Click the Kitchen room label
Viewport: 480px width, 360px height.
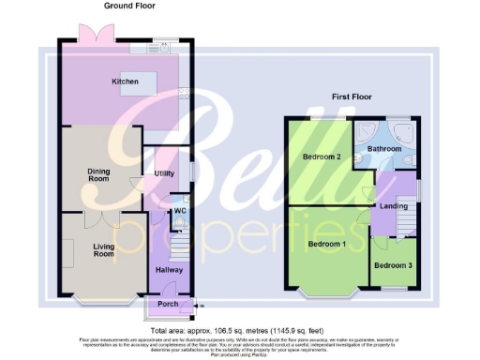[x=126, y=82]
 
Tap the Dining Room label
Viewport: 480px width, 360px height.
[x=98, y=175]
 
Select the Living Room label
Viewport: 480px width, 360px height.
[x=103, y=250]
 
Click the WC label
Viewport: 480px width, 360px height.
[x=179, y=212]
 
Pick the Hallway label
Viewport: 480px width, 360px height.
[x=169, y=270]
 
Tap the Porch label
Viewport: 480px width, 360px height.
[x=168, y=304]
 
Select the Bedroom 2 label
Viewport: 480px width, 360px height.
[x=321, y=157]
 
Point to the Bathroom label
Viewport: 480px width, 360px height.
[x=384, y=149]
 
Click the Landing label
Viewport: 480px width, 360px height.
[x=393, y=206]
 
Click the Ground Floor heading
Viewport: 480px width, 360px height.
[x=128, y=7]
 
